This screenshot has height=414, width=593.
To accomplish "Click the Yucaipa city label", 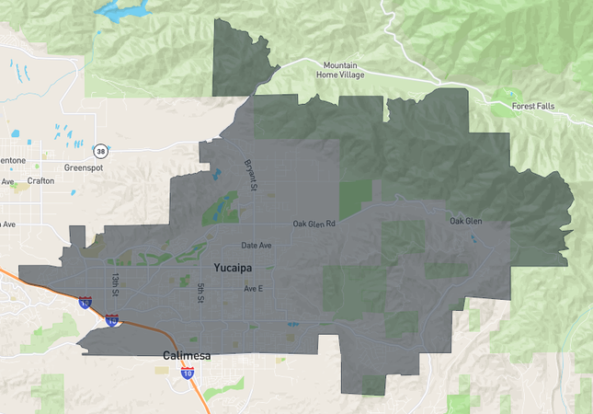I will click(x=233, y=268).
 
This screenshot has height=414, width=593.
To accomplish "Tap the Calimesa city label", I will click(x=188, y=355).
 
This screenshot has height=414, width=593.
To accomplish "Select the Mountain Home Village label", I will click(x=343, y=71).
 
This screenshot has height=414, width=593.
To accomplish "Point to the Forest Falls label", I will click(x=537, y=106).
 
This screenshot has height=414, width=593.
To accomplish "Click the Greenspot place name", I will click(x=85, y=167).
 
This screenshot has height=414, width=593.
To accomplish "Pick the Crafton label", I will click(x=40, y=181).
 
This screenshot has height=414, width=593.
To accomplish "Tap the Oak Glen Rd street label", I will click(x=314, y=224).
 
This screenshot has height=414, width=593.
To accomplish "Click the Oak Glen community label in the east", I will click(x=466, y=221).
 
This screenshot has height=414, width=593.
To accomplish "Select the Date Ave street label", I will click(x=257, y=246).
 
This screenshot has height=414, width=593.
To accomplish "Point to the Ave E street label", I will click(x=254, y=289).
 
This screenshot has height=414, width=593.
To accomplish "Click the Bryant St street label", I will click(x=249, y=176).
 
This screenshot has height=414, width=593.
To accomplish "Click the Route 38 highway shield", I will click(x=99, y=150).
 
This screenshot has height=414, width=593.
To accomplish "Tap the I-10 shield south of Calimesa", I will click(x=188, y=373).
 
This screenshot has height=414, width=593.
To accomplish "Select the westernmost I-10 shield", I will click(x=85, y=302).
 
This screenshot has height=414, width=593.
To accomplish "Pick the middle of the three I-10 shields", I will click(x=111, y=321).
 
